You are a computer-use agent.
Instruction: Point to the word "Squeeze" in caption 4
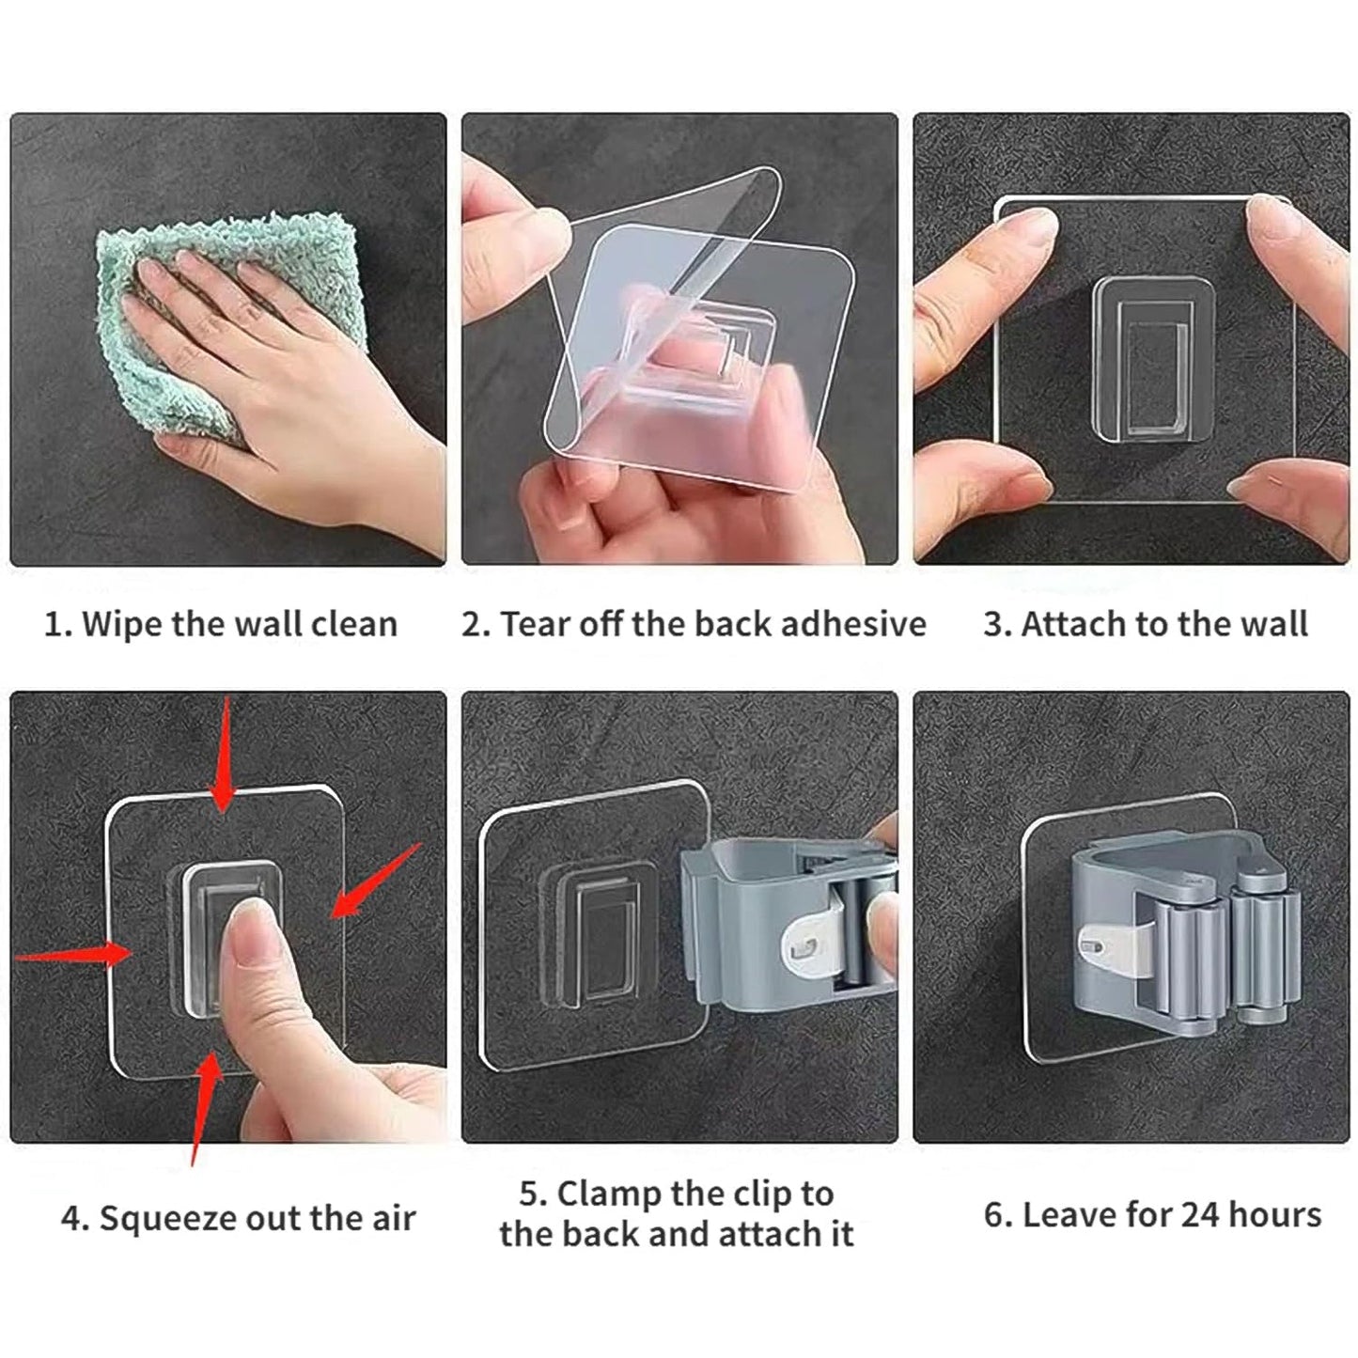(167, 1218)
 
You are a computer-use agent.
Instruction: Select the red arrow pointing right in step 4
(75, 955)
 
